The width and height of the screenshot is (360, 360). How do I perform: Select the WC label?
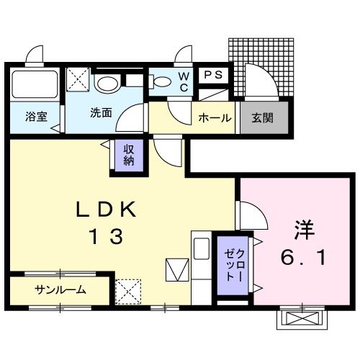click(184, 81)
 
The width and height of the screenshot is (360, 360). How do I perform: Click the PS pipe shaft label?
click(213, 75)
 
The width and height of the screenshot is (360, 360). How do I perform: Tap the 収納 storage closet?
click(127, 156)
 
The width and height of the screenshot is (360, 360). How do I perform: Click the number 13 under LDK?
click(105, 235)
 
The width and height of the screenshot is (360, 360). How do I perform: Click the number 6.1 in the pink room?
click(302, 256)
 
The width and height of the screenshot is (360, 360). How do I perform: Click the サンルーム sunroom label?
click(60, 290)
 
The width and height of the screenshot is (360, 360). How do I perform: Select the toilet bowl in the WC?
click(160, 81)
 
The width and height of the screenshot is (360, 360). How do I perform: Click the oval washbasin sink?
click(109, 84)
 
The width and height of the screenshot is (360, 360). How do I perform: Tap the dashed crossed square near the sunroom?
click(128, 292)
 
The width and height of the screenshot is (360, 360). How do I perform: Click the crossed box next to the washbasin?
click(78, 79)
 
